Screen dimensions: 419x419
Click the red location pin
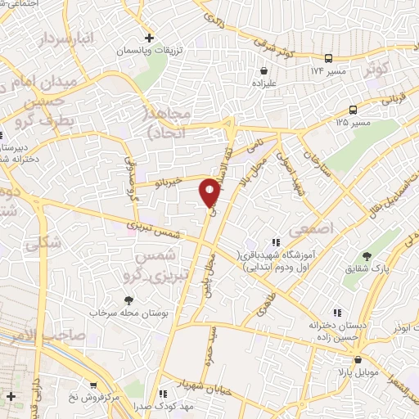(x=210, y=193)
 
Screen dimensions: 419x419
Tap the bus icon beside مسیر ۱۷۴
(x=328, y=58)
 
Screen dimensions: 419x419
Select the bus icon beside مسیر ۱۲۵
(x=354, y=110)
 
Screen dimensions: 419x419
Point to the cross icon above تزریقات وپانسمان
(x=148, y=38)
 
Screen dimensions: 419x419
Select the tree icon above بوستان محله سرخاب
(x=128, y=300)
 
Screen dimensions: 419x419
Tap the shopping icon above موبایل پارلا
(x=358, y=359)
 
